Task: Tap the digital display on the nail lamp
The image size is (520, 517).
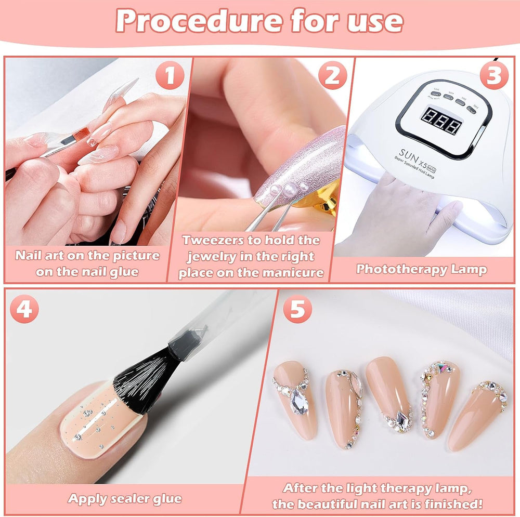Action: tap(441, 123)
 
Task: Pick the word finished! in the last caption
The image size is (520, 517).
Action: tap(452, 503)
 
